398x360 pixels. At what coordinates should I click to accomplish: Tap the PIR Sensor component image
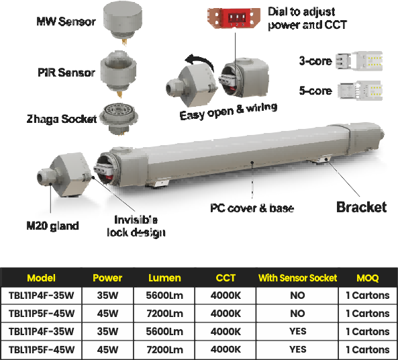[x=118, y=74]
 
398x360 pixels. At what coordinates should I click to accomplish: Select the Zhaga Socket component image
[x=119, y=118]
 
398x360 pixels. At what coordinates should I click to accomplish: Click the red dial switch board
[x=234, y=17]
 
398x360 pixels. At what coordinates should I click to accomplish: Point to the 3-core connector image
[x=359, y=61]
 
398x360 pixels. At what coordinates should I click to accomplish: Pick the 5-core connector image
[x=360, y=91]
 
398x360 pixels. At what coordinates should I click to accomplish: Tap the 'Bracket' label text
[x=361, y=207]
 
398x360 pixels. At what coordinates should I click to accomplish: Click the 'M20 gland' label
[x=52, y=226]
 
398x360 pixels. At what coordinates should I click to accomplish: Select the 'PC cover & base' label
[x=252, y=208]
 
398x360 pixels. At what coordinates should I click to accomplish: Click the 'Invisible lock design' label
[x=136, y=226]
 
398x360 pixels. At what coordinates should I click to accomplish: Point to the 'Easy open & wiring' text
[x=228, y=111]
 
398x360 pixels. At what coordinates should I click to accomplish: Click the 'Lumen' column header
[x=164, y=278]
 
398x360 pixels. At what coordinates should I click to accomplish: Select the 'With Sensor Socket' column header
[x=297, y=278]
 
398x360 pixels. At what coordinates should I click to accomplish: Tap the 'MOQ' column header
[x=368, y=278]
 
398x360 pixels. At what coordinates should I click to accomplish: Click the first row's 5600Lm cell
[x=164, y=296]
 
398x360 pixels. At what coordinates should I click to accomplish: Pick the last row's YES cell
[x=297, y=349]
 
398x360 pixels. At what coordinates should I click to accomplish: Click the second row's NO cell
[x=297, y=314]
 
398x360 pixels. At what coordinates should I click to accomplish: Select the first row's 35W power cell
[x=107, y=296]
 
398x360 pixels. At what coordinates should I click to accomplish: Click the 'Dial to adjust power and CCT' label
[x=307, y=18]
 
